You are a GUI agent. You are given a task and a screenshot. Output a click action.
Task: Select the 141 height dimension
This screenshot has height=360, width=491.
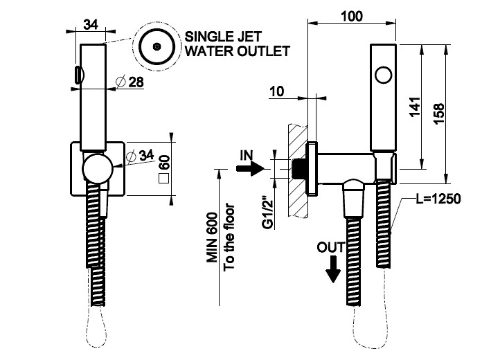[414, 107]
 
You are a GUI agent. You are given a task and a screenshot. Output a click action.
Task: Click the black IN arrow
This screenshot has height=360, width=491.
[251, 168]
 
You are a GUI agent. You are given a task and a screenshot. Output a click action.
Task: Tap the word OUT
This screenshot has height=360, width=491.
[329, 246]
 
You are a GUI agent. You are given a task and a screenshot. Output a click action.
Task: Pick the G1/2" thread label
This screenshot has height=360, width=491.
[267, 215]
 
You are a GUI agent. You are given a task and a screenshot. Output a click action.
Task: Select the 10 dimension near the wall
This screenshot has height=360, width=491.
[276, 89]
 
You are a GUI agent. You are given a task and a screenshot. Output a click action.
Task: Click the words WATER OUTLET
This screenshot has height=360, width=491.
[235, 52]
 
